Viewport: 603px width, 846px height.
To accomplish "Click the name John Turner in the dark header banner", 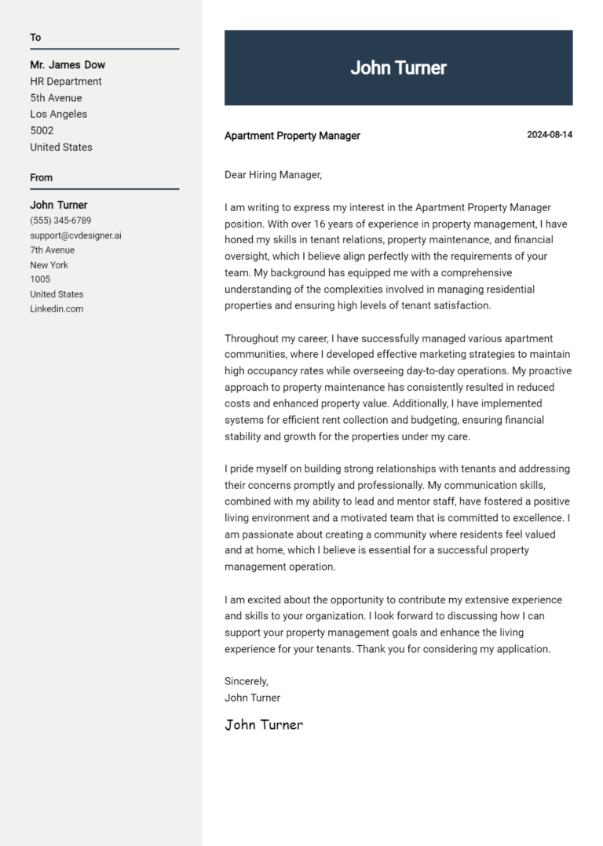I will (x=398, y=68).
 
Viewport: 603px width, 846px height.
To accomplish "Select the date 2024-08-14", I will (x=549, y=135).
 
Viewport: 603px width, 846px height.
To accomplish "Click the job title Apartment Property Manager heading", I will (x=292, y=136).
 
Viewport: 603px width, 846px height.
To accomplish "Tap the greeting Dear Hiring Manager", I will (x=273, y=175).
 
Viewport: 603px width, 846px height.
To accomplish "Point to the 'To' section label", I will (x=35, y=38).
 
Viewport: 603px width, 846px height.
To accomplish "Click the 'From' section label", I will (x=41, y=178).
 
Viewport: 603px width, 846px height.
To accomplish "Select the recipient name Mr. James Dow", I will (x=68, y=65).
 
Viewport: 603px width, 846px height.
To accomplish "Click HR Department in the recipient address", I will (x=66, y=82).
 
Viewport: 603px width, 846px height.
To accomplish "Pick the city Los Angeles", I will (x=59, y=115).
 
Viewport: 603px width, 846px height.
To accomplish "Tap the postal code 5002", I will (x=42, y=131).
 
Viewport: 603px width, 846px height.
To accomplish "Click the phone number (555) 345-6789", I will (x=60, y=221).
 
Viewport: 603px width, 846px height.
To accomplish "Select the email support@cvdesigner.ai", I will (x=75, y=235).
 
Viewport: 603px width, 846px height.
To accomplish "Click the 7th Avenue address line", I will (x=53, y=250).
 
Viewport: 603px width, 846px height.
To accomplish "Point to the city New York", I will (x=49, y=265).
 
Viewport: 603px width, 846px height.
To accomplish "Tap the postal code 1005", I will (x=40, y=279).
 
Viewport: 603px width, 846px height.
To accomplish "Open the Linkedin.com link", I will (x=57, y=309).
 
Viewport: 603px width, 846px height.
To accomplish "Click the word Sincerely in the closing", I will (x=246, y=681).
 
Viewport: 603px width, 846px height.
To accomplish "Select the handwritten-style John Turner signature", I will (x=264, y=724).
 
